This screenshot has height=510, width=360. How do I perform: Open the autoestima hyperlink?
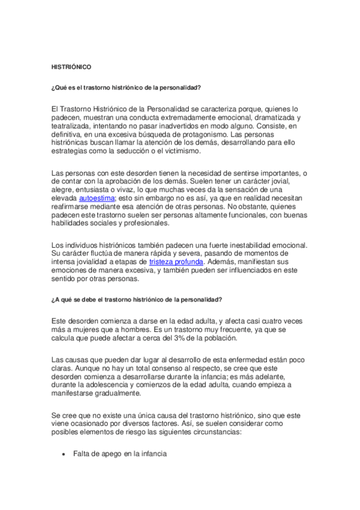[x=95, y=197]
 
